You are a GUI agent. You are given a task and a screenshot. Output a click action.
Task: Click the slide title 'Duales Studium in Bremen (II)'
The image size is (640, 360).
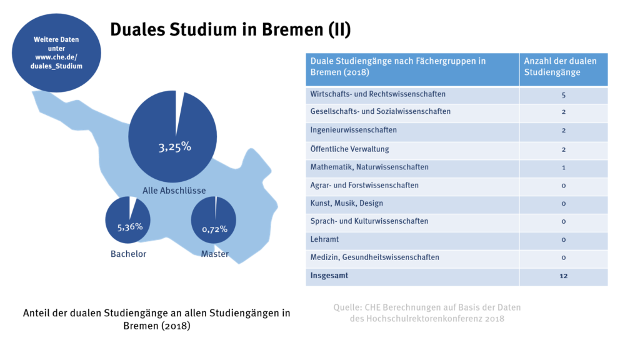(231, 29)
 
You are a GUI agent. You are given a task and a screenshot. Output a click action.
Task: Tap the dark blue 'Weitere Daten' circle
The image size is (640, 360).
(56, 53)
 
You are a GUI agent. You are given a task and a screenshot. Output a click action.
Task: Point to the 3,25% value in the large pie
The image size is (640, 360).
(174, 147)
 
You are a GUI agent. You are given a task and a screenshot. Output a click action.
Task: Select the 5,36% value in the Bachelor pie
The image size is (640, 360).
(130, 226)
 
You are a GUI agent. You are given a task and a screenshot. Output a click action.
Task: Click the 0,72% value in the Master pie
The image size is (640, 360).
(214, 229)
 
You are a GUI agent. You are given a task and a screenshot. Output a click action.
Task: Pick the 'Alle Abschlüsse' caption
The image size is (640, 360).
(174, 190)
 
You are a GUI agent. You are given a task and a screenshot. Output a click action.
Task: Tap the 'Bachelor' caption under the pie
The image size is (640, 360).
(128, 254)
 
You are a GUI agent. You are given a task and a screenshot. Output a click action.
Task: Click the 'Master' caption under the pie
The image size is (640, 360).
(214, 254)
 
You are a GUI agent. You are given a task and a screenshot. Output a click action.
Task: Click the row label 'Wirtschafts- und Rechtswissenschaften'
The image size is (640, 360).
(377, 94)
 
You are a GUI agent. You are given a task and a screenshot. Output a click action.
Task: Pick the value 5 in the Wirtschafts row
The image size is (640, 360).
(563, 95)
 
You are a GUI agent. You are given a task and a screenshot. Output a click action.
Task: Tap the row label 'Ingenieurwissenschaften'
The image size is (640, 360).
(353, 130)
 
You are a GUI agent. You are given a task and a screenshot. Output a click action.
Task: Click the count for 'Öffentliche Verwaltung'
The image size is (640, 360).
(563, 149)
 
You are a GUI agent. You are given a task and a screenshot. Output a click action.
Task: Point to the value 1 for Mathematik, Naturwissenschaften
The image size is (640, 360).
(563, 167)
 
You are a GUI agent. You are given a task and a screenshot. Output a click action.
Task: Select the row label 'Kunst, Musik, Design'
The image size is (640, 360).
(346, 203)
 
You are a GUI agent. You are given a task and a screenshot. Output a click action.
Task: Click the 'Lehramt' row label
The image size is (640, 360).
(325, 239)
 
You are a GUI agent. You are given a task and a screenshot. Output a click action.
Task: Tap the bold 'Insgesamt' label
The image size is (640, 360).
(329, 275)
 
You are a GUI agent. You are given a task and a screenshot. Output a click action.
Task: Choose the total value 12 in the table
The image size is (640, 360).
(563, 276)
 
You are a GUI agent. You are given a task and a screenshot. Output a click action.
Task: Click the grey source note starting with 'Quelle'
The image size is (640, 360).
(427, 312)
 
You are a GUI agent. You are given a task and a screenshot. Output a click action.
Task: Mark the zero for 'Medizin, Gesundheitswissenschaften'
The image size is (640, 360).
(563, 257)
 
